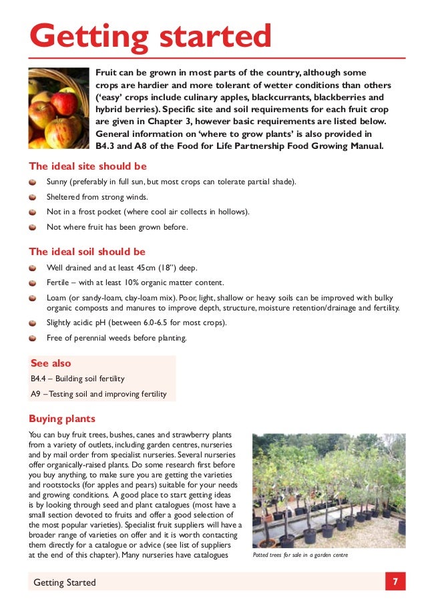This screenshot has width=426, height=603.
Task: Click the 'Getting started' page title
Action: [150, 37]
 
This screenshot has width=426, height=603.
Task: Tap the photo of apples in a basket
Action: [58, 108]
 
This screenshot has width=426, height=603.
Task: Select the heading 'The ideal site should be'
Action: [87, 166]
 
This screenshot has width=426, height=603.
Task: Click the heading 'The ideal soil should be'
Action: [87, 252]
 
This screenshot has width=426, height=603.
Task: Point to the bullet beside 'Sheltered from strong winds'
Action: [33, 197]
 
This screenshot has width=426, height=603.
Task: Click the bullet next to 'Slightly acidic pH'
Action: [33, 323]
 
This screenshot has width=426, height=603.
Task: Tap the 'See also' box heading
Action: [51, 363]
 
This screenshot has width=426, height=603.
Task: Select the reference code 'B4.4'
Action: [39, 379]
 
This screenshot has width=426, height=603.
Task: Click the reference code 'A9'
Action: [36, 394]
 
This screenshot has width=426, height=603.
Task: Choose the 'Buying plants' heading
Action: [62, 419]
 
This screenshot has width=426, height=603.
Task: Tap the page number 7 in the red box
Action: [395, 582]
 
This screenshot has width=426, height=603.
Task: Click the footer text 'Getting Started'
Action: [65, 582]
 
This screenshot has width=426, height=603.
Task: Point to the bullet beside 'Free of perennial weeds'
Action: [33, 338]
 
